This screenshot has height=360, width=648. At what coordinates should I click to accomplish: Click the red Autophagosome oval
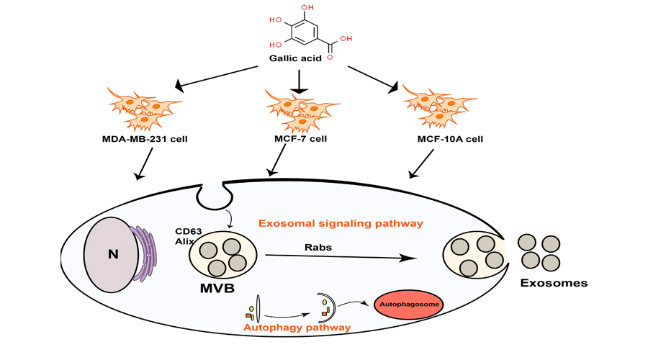point(407,305)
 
